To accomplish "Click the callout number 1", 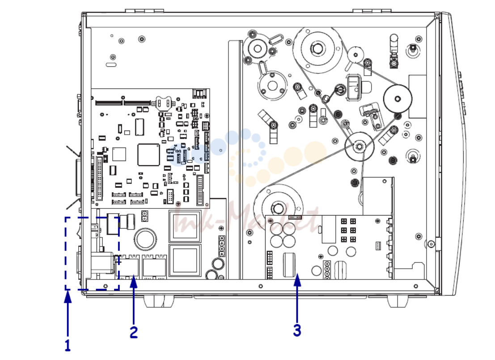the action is (68, 345).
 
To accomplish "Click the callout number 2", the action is (134, 332).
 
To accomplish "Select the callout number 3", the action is (297, 330).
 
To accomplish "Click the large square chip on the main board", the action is (148, 154).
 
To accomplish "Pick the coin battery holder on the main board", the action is (164, 103).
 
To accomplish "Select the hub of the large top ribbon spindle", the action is (317, 48).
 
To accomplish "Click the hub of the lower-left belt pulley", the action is (278, 208).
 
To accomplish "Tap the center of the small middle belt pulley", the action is (359, 147).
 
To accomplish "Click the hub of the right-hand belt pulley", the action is (398, 99).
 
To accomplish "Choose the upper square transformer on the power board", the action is (185, 226).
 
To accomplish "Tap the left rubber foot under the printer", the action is (159, 301).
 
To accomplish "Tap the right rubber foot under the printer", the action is (398, 301).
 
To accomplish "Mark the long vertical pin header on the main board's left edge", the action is (99, 178).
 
